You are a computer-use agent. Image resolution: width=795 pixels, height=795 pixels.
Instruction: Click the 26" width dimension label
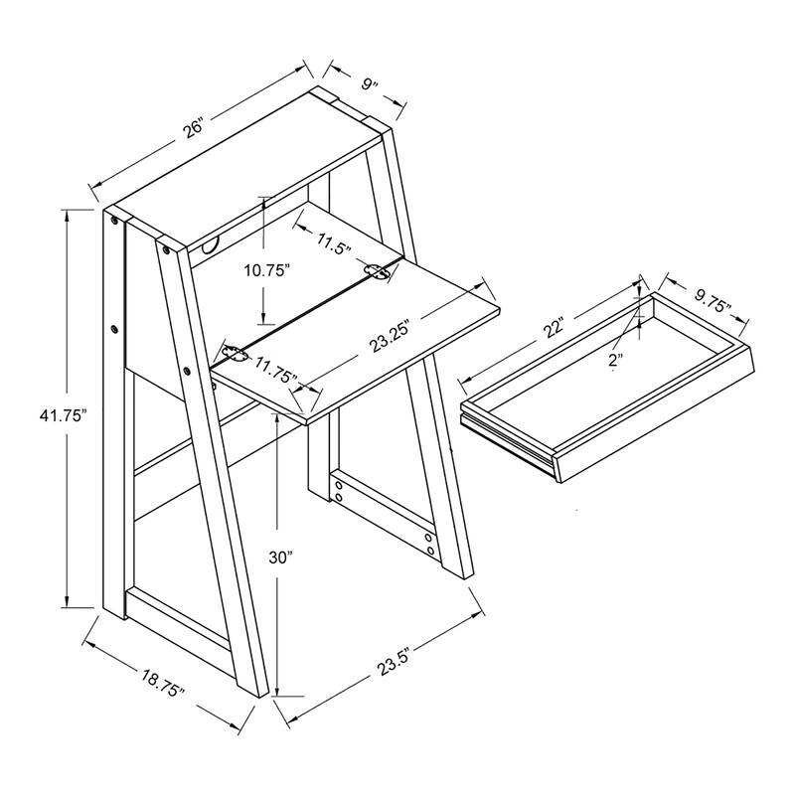[193, 128]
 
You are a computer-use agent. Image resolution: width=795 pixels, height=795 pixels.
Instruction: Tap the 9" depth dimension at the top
[370, 83]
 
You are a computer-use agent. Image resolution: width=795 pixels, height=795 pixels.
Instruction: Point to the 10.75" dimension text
[266, 270]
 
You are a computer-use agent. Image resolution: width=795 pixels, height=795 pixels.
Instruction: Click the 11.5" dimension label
[334, 244]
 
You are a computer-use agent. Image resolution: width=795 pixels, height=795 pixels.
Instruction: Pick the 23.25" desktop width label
[389, 336]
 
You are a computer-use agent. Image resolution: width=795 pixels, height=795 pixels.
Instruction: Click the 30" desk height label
[281, 557]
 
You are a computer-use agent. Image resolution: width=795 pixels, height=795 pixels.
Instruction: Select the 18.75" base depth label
[163, 683]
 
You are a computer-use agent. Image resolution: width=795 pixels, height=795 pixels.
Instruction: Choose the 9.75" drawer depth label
[713, 301]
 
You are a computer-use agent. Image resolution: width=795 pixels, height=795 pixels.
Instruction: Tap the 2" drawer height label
[615, 361]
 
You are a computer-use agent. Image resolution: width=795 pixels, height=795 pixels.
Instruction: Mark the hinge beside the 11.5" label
[378, 271]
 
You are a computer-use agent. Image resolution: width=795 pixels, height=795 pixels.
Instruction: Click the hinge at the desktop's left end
[235, 354]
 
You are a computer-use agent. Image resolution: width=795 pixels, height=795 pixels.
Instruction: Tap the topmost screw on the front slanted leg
[165, 249]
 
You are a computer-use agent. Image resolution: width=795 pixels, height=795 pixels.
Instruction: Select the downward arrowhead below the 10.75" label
[263, 314]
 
